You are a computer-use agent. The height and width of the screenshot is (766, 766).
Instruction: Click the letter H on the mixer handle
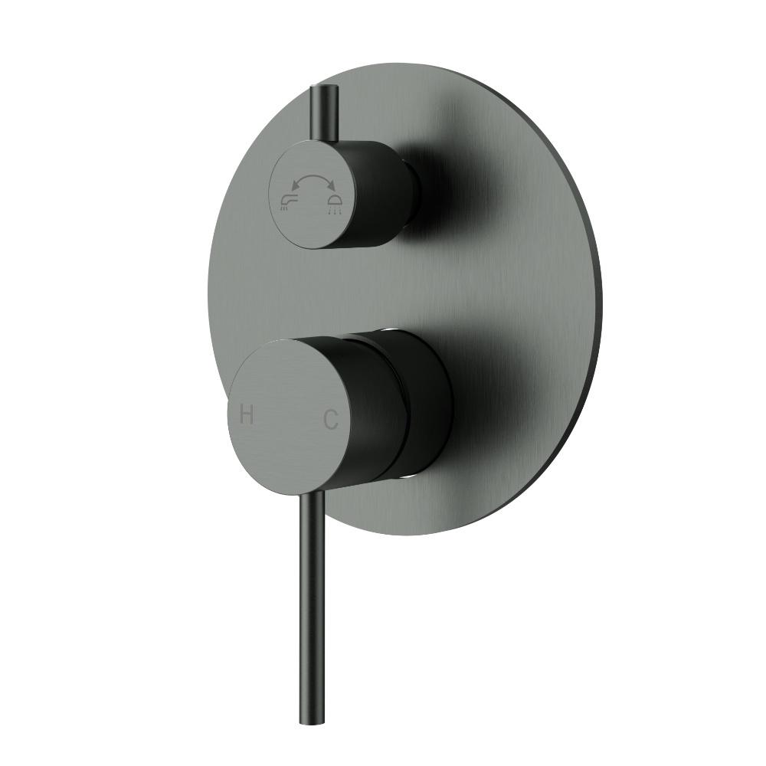coord(247,415)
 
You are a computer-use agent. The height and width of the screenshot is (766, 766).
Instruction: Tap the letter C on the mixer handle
coord(330,419)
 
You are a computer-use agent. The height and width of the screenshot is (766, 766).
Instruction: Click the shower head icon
coord(335,203)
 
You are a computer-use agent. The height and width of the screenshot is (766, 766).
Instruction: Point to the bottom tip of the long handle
coord(306,721)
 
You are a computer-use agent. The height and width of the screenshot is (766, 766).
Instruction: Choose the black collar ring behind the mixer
coord(429,406)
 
